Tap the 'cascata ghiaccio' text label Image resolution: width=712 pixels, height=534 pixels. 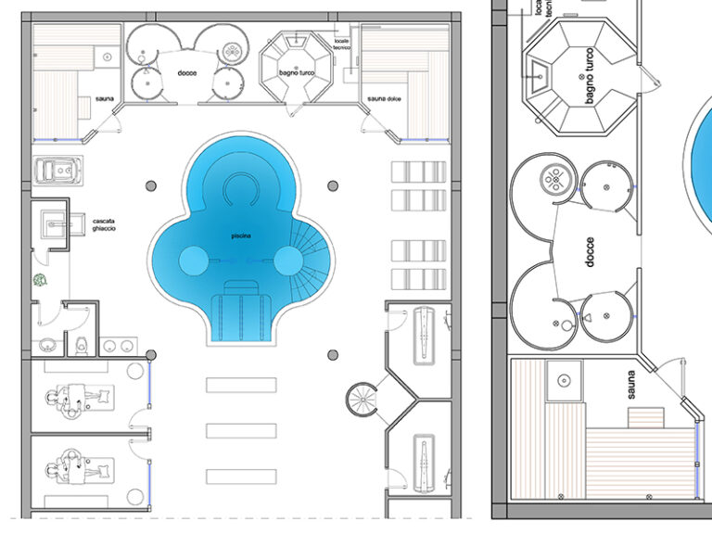click(104, 224)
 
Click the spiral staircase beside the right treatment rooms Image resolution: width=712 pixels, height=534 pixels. click(362, 400)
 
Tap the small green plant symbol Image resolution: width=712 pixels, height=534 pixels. click(40, 279)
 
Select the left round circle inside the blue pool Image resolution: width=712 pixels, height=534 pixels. click(194, 262)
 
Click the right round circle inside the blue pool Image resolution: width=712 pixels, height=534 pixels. click(286, 262)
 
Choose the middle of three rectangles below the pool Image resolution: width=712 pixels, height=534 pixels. click(241, 430)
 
